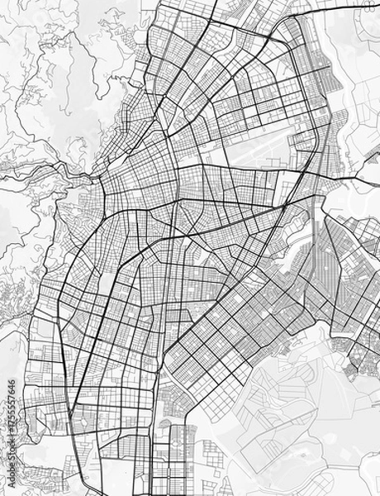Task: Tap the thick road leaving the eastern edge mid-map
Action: coord(363,178)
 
